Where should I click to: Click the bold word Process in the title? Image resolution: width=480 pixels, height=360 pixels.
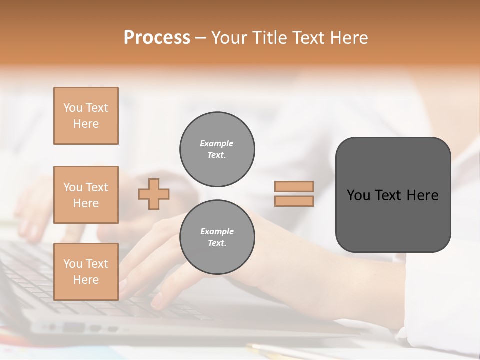(157, 38)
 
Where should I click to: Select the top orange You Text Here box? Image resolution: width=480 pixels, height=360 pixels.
(86, 116)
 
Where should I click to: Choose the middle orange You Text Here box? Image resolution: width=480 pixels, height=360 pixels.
(86, 195)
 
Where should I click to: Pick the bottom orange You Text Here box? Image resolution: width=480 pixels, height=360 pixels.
(86, 272)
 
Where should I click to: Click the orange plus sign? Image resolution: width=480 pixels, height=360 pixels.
(154, 194)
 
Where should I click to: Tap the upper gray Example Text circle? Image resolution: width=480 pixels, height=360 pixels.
(217, 149)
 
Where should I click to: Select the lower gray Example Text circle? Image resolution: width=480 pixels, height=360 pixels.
(217, 237)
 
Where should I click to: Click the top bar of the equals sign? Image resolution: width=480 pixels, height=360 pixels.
(294, 187)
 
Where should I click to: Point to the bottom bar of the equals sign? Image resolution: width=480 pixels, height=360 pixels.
(294, 201)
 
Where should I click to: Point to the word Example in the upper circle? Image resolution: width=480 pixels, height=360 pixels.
(217, 143)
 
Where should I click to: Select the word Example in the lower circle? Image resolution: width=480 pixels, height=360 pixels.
(217, 231)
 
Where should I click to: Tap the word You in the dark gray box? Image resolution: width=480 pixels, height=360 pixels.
(358, 195)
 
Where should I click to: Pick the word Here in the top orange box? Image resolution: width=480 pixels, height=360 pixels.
(86, 124)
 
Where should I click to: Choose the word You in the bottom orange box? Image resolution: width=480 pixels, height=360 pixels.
(73, 264)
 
